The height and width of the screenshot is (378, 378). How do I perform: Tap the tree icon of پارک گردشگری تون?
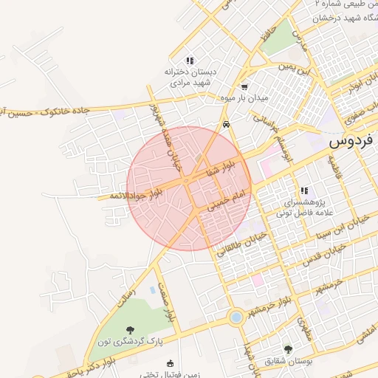(x=130, y=330)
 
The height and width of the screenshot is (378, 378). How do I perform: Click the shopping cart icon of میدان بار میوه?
(x=244, y=86)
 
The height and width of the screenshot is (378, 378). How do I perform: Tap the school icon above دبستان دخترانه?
(x=190, y=61)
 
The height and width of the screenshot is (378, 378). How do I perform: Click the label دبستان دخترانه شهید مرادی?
(x=190, y=78)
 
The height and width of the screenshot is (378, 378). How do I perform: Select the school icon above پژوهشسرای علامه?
(x=304, y=190)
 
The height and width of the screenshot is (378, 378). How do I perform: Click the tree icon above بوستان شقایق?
(x=288, y=349)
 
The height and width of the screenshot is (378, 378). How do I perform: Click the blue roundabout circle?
(x=236, y=318)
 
